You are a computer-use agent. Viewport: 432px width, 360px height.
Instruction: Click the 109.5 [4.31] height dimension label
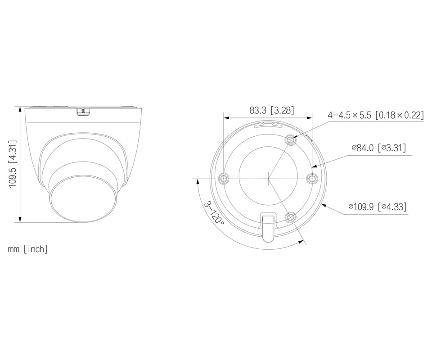pos(13,164)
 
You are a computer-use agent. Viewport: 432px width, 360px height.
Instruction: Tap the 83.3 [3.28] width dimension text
pos(272,110)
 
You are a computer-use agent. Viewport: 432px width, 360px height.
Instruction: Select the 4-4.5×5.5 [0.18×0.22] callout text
pos(375,115)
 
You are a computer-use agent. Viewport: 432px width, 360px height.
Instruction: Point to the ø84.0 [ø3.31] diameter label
pos(379,148)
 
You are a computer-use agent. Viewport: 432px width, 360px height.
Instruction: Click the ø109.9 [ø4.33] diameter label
pos(378,206)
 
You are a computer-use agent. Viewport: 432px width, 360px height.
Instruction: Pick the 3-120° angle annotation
pos(214,213)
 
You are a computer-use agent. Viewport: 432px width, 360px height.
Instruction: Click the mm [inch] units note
pos(27,249)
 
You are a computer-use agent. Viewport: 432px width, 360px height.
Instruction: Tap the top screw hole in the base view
pos(291,140)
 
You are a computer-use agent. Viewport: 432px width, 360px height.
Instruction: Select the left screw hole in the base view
pos(224,179)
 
